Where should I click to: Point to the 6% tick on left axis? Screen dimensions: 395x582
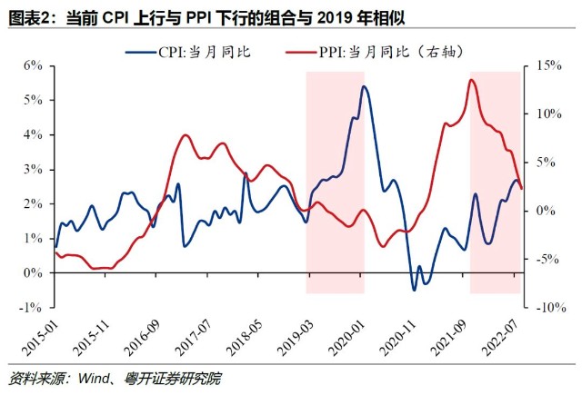pyautogui.click(x=33, y=65)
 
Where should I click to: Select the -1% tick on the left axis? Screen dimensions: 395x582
pyautogui.click(x=31, y=307)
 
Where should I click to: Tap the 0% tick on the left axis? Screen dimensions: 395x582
pyautogui.click(x=33, y=272)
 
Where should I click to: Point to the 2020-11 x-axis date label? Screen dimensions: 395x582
pyautogui.click(x=409, y=338)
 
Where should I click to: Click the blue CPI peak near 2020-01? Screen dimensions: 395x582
pyautogui.click(x=364, y=86)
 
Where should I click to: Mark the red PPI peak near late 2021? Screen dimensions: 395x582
pyautogui.click(x=472, y=80)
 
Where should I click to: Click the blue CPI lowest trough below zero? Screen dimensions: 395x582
pyautogui.click(x=414, y=290)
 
